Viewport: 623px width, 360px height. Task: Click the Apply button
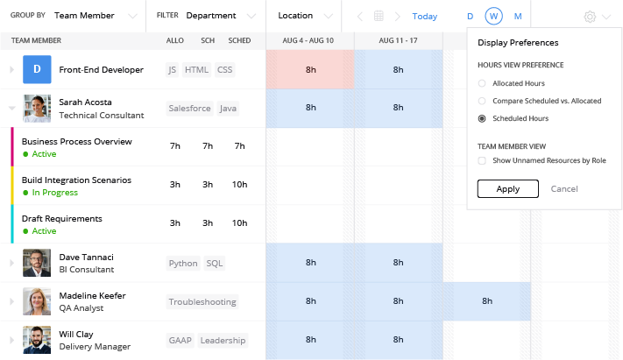pyautogui.click(x=508, y=188)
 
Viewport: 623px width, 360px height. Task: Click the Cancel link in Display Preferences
pyautogui.click(x=564, y=188)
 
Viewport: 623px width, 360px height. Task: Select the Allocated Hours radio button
pyautogui.click(x=482, y=83)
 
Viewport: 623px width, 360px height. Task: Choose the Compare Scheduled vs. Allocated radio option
pyautogui.click(x=482, y=101)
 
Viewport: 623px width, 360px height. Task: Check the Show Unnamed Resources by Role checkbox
pyautogui.click(x=482, y=160)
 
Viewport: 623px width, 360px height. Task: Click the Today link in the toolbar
pyautogui.click(x=425, y=17)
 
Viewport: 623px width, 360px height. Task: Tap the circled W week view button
pyautogui.click(x=494, y=17)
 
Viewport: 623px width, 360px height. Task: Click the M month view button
pyautogui.click(x=518, y=17)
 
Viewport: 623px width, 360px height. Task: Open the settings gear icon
pyautogui.click(x=590, y=17)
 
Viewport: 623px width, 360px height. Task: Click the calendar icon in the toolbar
pyautogui.click(x=379, y=17)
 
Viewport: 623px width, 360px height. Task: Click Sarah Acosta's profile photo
pyautogui.click(x=37, y=109)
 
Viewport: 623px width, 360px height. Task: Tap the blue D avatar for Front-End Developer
pyautogui.click(x=37, y=69)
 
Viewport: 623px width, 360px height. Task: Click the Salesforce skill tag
pyautogui.click(x=189, y=109)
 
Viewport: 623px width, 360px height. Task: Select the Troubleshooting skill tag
pyautogui.click(x=202, y=302)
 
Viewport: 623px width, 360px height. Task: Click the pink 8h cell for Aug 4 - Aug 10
pyautogui.click(x=310, y=69)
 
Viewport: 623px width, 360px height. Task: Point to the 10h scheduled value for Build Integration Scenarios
pyautogui.click(x=239, y=185)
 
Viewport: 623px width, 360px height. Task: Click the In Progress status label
pyautogui.click(x=54, y=193)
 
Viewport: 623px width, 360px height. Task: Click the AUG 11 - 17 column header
pyautogui.click(x=398, y=41)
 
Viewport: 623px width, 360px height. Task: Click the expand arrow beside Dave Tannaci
pyautogui.click(x=11, y=263)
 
